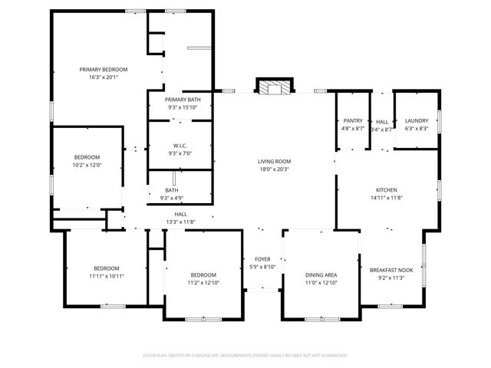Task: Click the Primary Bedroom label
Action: point(104,70)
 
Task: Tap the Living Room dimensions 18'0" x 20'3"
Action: point(274,169)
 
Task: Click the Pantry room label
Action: point(353,121)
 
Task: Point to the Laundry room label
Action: point(417,121)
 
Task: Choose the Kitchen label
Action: point(386,189)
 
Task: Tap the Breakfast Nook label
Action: point(391,269)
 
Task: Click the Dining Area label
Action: point(321,274)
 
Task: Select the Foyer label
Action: point(261,259)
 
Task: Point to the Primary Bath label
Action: point(183,100)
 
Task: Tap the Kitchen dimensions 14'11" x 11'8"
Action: point(386,198)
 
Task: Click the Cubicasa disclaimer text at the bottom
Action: point(245,356)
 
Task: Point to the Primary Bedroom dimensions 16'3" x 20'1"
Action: point(104,77)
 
